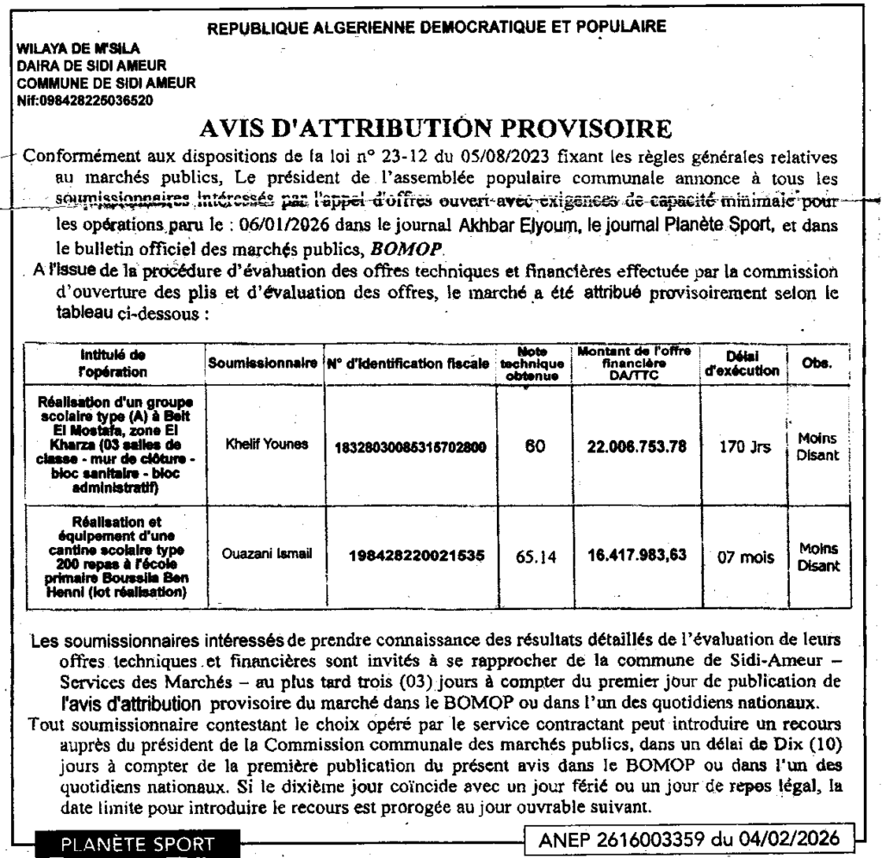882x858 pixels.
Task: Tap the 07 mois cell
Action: click(x=741, y=556)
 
